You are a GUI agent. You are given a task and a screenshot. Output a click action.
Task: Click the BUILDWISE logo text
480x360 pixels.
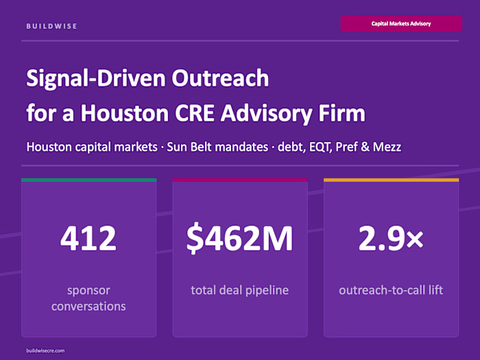click(51, 26)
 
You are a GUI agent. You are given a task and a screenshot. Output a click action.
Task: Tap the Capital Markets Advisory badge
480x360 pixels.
click(401, 23)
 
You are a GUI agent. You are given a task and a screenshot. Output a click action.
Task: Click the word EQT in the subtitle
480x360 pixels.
click(329, 147)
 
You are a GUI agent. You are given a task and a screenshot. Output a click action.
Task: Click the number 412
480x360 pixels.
click(88, 238)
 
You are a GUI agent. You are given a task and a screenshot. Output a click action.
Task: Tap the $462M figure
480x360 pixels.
click(239, 238)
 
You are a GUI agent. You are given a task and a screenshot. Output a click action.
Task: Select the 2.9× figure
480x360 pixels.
click(391, 238)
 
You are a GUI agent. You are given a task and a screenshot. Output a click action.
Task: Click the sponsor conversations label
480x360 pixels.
click(88, 298)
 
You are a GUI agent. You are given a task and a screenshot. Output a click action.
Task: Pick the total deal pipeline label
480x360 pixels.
click(239, 290)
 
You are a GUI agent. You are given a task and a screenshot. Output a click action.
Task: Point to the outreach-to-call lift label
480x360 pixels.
click(391, 290)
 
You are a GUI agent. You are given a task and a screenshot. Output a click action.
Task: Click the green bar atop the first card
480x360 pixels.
click(88, 180)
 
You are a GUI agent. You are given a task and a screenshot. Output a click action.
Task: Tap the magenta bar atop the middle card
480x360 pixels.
click(239, 180)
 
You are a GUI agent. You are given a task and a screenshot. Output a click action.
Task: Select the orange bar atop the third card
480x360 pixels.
click(391, 180)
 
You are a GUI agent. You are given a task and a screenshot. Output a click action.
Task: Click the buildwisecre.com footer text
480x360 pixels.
click(45, 350)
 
